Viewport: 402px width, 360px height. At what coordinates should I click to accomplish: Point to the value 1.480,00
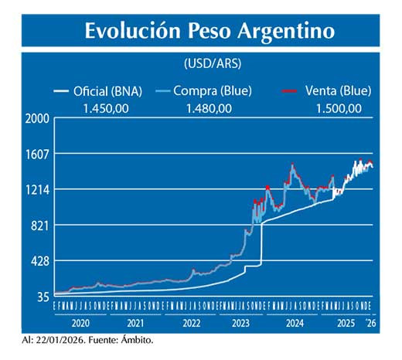click(x=209, y=107)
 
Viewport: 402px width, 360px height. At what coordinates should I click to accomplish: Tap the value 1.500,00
click(x=339, y=107)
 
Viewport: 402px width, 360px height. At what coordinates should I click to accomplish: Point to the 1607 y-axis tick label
click(x=39, y=154)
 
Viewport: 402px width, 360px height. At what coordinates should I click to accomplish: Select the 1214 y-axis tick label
click(x=39, y=189)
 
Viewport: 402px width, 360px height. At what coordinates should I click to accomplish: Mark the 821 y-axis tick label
click(x=41, y=225)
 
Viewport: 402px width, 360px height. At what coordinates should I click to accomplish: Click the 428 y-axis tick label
click(x=41, y=260)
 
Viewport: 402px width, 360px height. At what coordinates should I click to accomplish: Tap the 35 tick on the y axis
click(x=43, y=296)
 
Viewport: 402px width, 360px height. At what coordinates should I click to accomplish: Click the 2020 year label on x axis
click(x=82, y=324)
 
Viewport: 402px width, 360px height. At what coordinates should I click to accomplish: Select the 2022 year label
click(x=192, y=324)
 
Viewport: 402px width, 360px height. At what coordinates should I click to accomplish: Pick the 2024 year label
click(x=295, y=324)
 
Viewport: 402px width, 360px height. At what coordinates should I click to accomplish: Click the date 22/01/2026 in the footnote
click(x=60, y=340)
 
